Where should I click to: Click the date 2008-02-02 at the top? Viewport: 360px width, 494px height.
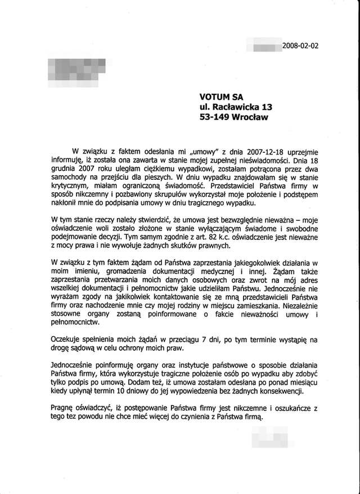tap(300, 46)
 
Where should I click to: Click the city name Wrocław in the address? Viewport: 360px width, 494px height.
tap(253, 118)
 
